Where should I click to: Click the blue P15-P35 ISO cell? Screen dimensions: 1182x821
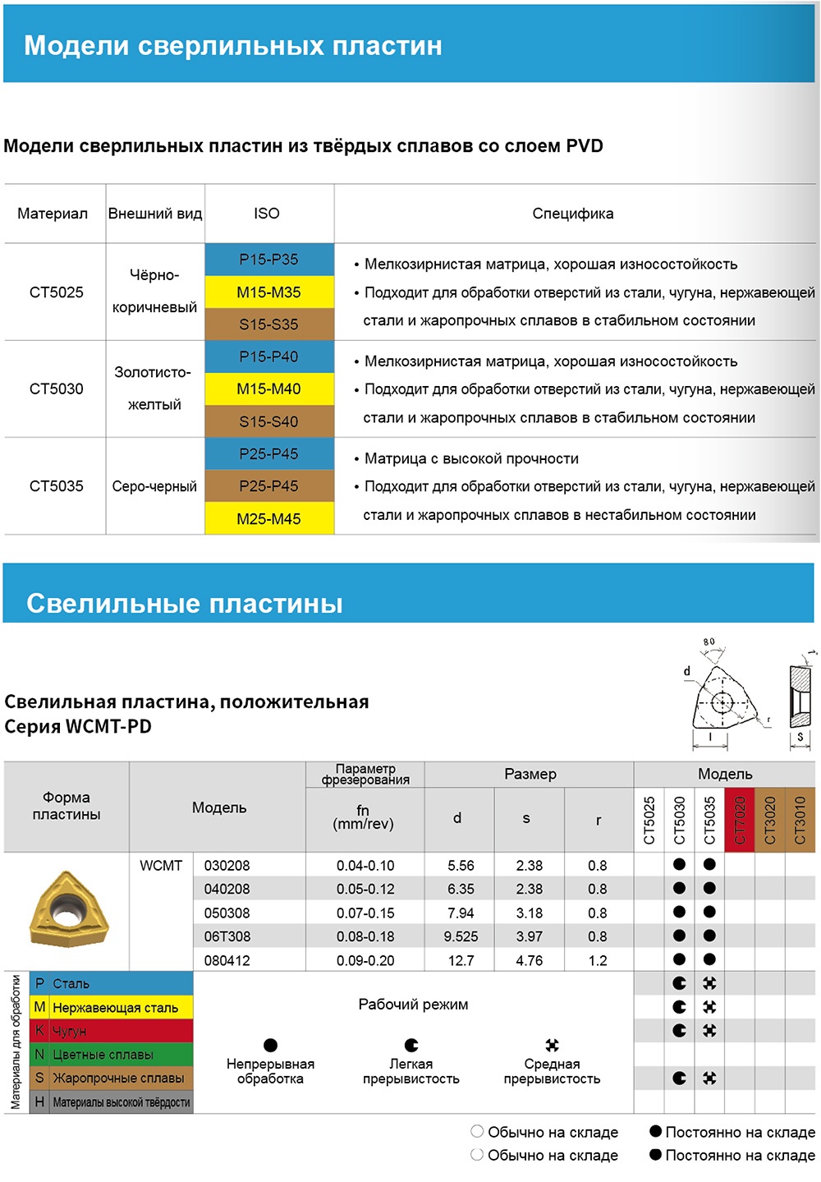pos(269,260)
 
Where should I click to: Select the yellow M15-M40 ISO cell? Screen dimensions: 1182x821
pos(269,389)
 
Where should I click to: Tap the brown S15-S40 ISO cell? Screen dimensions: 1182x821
pos(269,421)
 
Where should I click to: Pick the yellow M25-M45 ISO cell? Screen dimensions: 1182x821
pos(269,518)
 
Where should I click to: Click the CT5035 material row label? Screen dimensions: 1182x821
pos(56,486)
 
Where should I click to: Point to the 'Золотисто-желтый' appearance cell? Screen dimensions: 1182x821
pos(154,389)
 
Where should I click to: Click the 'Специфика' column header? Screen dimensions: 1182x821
pos(572,214)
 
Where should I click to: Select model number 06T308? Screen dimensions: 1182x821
pos(227,936)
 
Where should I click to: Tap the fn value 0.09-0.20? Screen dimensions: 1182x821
pos(365,960)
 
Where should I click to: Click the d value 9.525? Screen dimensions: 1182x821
pos(461,936)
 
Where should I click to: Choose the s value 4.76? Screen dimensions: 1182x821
pos(529,960)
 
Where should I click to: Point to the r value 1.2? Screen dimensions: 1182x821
pos(598,960)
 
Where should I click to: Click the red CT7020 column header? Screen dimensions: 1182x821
pos(740,820)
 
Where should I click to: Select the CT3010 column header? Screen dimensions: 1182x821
pos(800,820)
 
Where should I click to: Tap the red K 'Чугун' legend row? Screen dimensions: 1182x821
pos(111,1031)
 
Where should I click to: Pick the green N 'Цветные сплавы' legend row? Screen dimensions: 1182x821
pos(111,1055)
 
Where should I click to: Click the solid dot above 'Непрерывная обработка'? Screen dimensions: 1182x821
pos(270,1045)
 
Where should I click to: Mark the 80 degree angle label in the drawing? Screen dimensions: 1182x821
pos(709,642)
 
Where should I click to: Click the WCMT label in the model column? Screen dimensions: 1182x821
pos(161,866)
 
